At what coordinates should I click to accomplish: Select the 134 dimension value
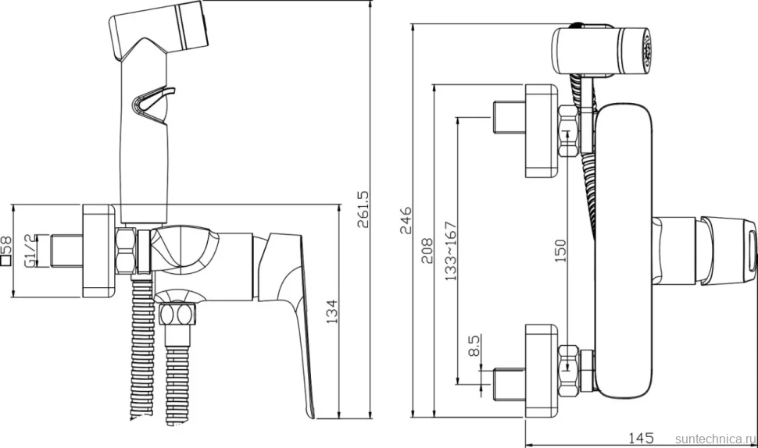(x=332, y=311)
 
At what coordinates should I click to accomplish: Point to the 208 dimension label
(x=427, y=250)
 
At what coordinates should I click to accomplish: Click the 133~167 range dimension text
(x=450, y=251)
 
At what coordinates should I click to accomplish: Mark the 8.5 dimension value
(x=474, y=346)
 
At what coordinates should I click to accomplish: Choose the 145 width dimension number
(x=641, y=438)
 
